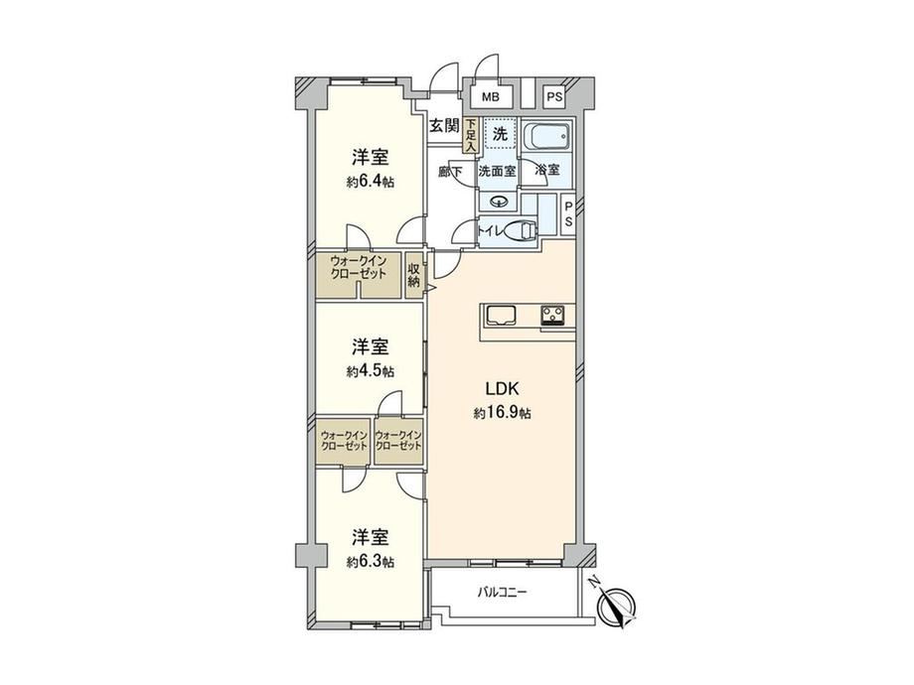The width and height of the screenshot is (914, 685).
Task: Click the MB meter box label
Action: click(490, 97)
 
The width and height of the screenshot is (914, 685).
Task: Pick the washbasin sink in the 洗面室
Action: click(499, 202)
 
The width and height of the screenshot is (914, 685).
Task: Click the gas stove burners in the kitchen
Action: click(552, 315)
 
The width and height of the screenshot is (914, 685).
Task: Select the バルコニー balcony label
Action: click(502, 593)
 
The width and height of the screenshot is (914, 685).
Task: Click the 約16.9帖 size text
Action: click(503, 413)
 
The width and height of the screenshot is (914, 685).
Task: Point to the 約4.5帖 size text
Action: click(371, 370)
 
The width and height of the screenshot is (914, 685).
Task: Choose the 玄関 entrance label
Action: click(445, 126)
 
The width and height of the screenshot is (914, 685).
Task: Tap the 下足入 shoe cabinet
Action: click(471, 136)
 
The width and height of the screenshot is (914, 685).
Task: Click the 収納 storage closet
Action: click(414, 275)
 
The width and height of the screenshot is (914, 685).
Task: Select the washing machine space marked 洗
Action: click(500, 134)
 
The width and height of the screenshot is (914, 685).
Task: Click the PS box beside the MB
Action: click(554, 97)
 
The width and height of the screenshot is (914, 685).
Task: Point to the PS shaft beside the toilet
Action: click(567, 215)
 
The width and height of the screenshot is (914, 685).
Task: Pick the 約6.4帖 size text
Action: click(371, 182)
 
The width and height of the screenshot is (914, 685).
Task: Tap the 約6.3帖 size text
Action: click(371, 562)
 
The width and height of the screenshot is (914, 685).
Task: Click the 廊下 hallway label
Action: click(450, 172)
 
